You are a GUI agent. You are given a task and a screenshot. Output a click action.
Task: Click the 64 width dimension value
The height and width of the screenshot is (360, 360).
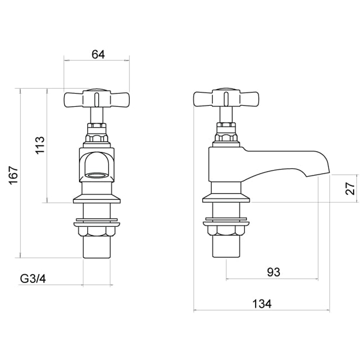(98, 54)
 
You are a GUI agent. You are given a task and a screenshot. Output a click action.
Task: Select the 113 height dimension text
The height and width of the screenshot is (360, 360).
(40, 145)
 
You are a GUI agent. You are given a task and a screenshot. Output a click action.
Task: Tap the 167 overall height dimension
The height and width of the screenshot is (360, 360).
(13, 175)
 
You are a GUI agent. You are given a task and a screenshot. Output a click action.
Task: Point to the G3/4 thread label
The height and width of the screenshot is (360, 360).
(33, 279)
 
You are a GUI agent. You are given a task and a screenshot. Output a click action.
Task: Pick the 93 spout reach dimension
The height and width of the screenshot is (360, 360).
(274, 272)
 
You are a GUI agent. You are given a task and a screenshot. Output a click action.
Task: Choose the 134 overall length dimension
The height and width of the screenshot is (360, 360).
(261, 304)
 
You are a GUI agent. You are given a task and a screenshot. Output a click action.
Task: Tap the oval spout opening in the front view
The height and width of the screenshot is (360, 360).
(96, 176)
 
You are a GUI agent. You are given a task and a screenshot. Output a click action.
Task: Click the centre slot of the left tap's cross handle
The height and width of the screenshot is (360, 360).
(96, 99)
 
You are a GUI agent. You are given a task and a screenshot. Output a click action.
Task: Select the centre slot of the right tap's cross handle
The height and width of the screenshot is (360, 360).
(226, 99)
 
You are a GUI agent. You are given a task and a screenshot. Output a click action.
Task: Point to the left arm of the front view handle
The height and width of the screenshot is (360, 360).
(73, 99)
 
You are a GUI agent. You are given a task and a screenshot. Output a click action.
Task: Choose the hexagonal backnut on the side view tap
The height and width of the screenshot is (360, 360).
(226, 230)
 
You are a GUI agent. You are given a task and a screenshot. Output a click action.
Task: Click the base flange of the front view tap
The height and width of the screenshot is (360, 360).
(96, 199)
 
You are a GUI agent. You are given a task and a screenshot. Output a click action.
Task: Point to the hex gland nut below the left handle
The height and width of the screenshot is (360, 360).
(96, 138)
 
